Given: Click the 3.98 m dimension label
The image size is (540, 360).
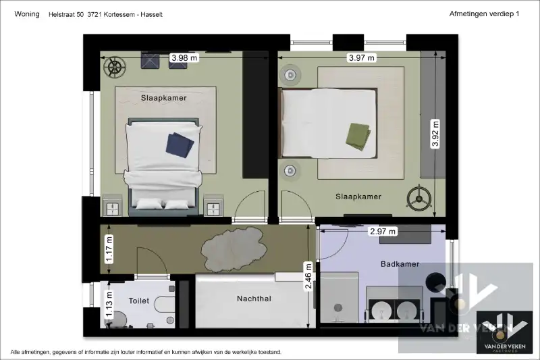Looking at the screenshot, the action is tap(184, 57).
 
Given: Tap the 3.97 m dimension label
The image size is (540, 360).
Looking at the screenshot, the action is tap(362, 57).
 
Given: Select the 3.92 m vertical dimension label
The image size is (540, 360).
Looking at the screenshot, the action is tap(435, 133).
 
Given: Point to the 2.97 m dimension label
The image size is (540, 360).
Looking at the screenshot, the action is tap(383, 231).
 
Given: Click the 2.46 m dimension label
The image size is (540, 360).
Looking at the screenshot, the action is tap(308, 276).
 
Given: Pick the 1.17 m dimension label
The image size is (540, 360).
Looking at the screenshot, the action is tap(109, 249).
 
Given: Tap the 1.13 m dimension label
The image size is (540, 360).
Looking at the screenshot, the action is tap(109, 304).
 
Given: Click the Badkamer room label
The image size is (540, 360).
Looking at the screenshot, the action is tap(400, 264).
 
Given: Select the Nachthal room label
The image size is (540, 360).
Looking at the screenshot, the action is tap(254, 299).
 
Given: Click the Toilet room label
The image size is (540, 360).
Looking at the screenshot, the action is tap(139, 301).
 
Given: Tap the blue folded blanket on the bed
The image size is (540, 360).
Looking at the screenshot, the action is tap(180, 145).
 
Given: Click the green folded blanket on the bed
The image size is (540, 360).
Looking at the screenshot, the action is tap(358, 136).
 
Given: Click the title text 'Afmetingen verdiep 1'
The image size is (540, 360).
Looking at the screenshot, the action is tap(484, 14).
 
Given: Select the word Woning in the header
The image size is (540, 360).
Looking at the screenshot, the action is tap(27, 14).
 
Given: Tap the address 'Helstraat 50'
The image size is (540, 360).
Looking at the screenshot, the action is tap(65, 14).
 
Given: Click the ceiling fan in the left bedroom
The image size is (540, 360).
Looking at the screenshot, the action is tap(115, 67).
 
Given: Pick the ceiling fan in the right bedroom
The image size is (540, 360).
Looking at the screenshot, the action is tap(419, 198).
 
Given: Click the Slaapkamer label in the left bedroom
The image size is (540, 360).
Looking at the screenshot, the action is tap(163, 98).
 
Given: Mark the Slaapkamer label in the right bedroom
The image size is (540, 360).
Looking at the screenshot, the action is tap(358, 197).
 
